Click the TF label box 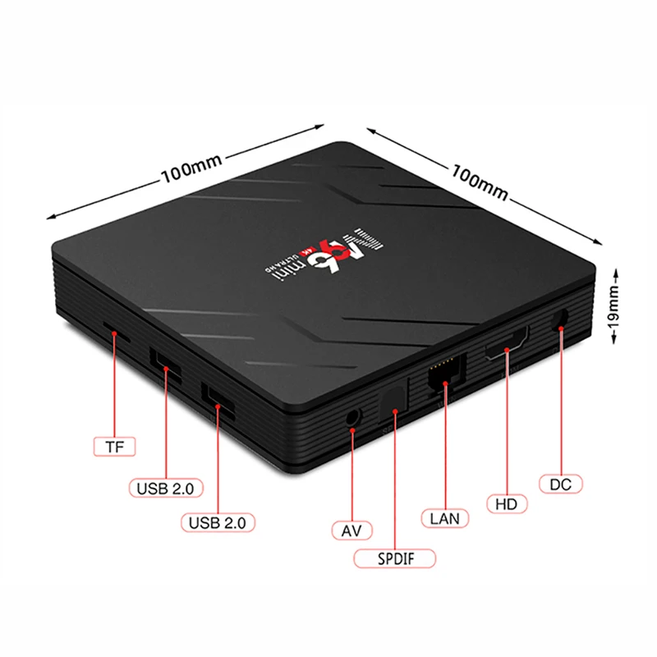coord(114,448)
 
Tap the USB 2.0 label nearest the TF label coord(165,488)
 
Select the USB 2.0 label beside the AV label coord(221,521)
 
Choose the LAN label coord(445,518)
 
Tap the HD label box coord(505,502)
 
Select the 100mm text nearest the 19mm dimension coord(480,180)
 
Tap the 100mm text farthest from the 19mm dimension coord(191,172)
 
